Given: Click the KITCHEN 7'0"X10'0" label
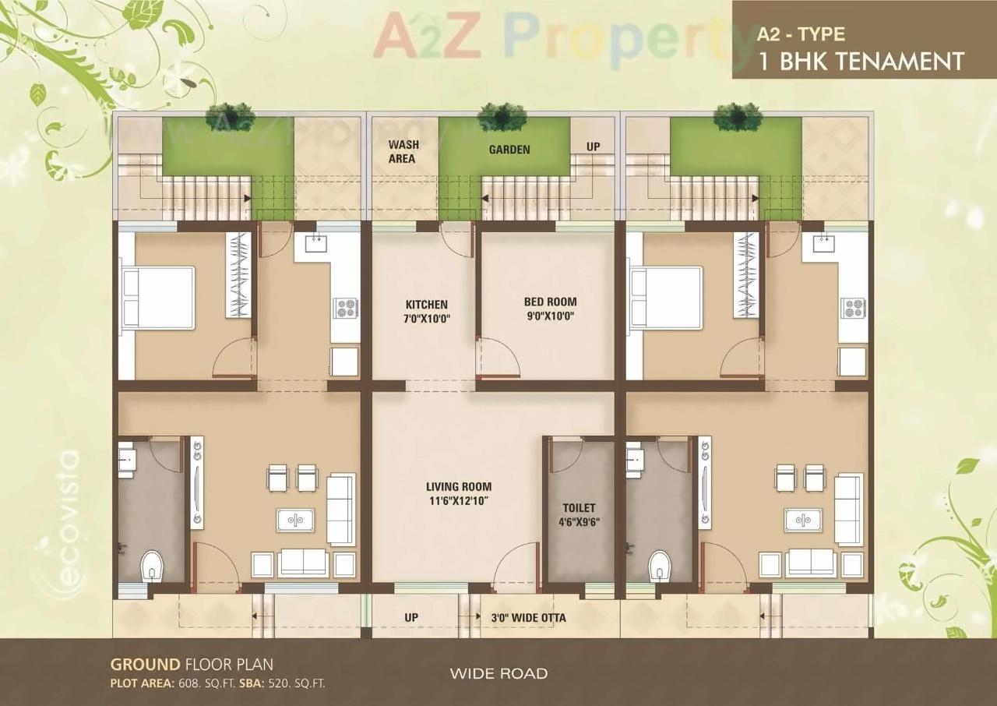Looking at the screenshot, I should tap(426, 311).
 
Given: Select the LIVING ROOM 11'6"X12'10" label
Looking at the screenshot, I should tap(459, 493).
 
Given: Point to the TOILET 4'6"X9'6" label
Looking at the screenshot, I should tap(579, 514).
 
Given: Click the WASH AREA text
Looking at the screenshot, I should tap(403, 151).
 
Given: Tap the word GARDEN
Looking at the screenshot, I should tap(509, 150).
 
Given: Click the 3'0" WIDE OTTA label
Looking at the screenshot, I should tap(528, 618).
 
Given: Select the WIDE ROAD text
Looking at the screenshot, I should tap(498, 673).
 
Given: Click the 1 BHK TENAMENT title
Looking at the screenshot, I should tap(861, 61).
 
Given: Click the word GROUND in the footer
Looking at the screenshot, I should tap(145, 665).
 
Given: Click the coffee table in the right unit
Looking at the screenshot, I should tap(803, 519).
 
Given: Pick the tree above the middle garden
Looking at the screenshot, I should tap(502, 115).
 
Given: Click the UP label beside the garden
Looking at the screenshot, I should tap(593, 146).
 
